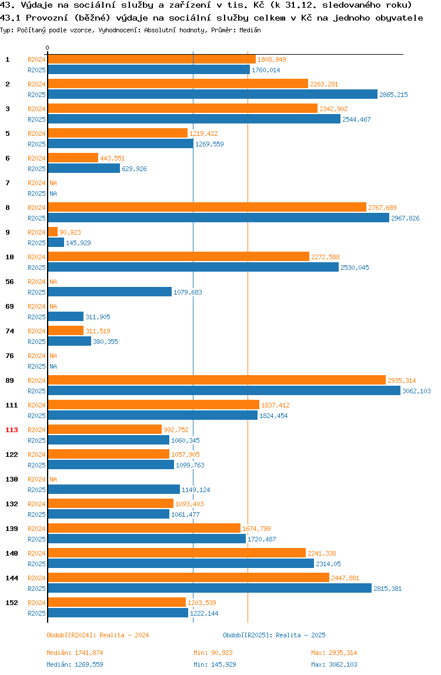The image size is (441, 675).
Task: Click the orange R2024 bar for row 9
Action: (x=52, y=232)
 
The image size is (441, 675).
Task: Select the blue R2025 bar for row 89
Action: (x=224, y=391)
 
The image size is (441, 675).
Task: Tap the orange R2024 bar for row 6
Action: (x=73, y=158)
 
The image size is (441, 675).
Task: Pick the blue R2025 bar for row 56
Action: (x=110, y=292)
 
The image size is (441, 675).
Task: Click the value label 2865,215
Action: (x=393, y=95)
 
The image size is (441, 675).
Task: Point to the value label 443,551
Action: (x=112, y=158)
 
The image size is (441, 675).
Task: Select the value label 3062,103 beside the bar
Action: (x=416, y=391)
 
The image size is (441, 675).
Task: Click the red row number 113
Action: (x=12, y=430)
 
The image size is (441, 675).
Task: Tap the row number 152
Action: (x=12, y=603)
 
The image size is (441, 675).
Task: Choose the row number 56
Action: (x=9, y=282)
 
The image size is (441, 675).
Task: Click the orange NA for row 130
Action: (x=53, y=479)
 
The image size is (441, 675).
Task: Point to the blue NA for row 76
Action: (x=53, y=366)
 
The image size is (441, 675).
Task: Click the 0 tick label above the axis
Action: (x=48, y=48)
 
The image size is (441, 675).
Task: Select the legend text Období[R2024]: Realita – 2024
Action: (x=98, y=635)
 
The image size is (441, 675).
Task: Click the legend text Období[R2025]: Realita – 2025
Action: (x=275, y=635)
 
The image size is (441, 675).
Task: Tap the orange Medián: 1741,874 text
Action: (x=75, y=653)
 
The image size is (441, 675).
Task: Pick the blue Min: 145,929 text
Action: (x=215, y=664)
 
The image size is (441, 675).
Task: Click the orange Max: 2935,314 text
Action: (x=334, y=653)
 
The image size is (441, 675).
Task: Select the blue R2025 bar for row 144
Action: (x=210, y=589)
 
